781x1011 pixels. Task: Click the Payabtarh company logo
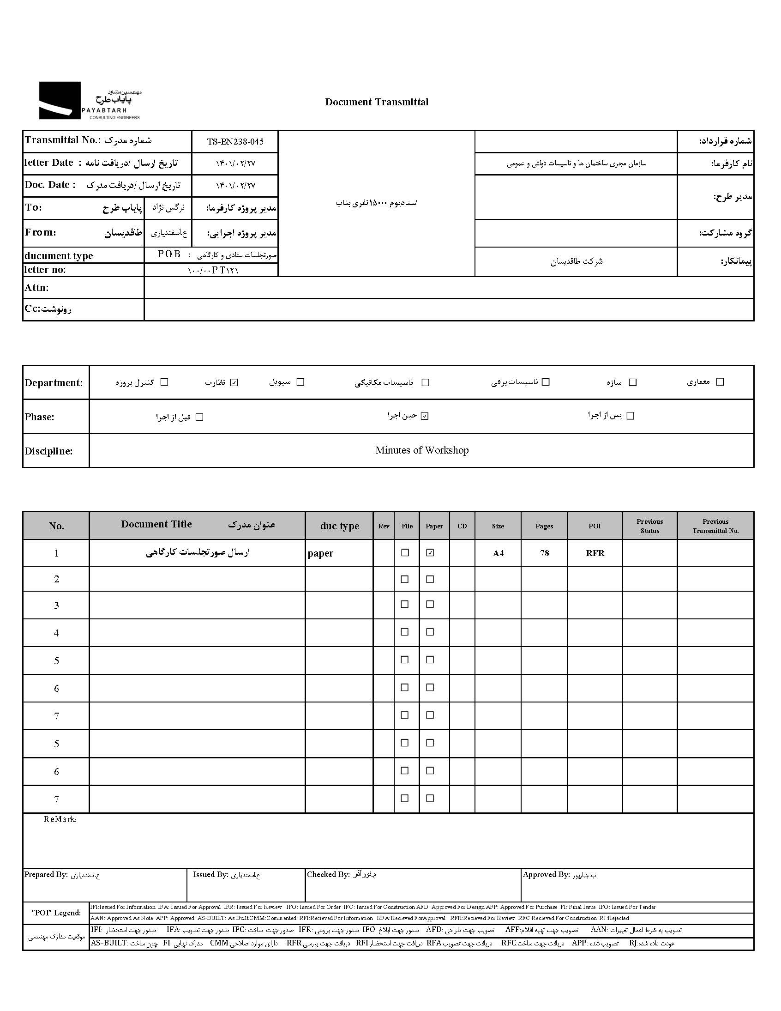[x=89, y=101]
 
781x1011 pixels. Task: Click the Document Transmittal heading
[x=377, y=103]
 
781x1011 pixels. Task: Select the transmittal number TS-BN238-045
[x=235, y=142]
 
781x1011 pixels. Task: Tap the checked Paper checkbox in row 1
[x=430, y=553]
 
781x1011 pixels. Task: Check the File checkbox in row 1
[x=405, y=553]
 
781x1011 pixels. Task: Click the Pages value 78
[x=544, y=553]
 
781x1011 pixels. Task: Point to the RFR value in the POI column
[x=595, y=553]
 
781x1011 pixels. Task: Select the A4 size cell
[x=498, y=553]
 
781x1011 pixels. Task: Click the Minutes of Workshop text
[x=421, y=450]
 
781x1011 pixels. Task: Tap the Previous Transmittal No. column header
[x=715, y=526]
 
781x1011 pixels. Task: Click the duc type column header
[x=340, y=526]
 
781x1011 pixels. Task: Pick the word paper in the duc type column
[x=320, y=553]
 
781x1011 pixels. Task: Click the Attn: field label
[x=36, y=288]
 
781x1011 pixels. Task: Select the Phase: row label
[x=39, y=417]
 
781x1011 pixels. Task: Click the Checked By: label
[x=328, y=874]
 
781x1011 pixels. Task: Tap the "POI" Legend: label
[x=56, y=913]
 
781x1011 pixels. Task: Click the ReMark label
[x=60, y=819]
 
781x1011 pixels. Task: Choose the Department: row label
[x=54, y=383]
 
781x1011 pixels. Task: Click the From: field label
[x=41, y=232]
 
